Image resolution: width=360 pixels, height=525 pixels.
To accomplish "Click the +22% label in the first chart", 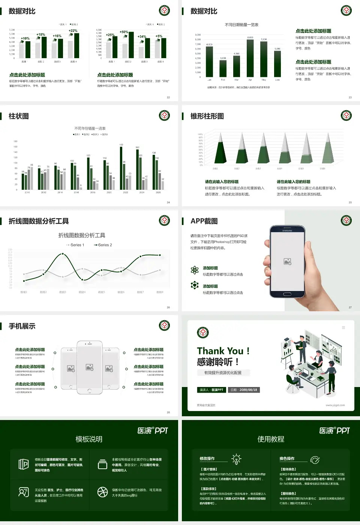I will point(73,31).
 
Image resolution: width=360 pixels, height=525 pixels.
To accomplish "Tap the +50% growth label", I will point(124,32).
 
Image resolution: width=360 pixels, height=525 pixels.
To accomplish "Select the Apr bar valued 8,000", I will point(250,58).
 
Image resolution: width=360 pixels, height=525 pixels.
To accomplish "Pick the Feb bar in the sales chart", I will point(223,68).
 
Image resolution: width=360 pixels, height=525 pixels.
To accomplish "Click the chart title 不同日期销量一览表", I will point(241,25).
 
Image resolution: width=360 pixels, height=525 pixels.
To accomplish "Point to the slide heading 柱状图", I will point(19,116).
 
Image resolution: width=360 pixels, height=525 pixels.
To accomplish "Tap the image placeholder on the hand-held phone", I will point(288,261).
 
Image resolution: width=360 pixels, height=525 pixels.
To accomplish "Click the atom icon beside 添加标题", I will point(195,270).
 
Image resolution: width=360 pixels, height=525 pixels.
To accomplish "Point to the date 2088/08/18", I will point(244,390).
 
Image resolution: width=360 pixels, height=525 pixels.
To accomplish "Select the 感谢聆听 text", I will point(215,362).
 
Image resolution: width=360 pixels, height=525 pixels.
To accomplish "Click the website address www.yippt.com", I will point(335,405).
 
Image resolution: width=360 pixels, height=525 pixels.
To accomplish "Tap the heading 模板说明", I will point(89,439).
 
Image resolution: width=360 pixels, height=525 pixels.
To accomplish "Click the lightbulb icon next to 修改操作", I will point(236,459).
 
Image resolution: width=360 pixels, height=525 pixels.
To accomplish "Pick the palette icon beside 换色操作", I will point(315,459).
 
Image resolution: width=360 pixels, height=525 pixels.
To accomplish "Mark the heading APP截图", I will point(204,221).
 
